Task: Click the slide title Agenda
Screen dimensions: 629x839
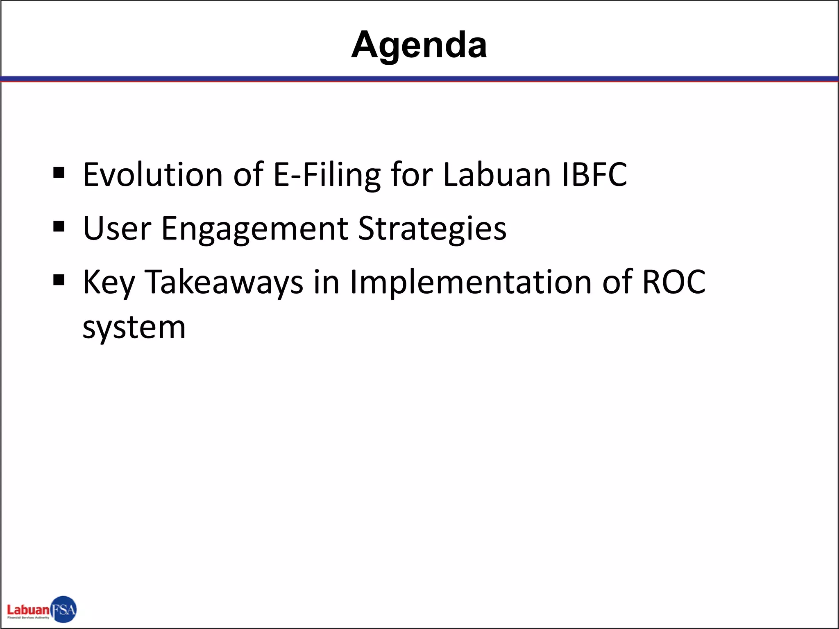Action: (419, 45)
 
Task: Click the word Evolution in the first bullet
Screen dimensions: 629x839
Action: (152, 175)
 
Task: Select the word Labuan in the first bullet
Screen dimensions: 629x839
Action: (497, 175)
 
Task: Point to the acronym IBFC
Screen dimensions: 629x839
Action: (594, 175)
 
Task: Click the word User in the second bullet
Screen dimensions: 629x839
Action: (117, 229)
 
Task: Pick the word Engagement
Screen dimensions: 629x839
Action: (254, 229)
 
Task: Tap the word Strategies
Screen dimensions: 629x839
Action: (432, 229)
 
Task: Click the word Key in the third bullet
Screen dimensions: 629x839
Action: (109, 283)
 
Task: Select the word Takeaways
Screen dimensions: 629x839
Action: (224, 283)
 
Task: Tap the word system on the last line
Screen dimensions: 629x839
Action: (134, 328)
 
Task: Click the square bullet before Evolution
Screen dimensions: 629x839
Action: (59, 172)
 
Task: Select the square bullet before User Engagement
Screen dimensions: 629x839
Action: (59, 226)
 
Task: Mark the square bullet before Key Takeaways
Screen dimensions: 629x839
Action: (59, 280)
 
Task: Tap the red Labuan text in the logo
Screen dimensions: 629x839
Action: (28, 610)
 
